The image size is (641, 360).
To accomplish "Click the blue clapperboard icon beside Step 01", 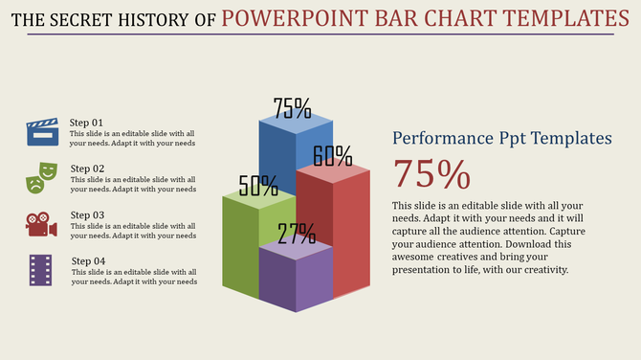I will pos(42,131).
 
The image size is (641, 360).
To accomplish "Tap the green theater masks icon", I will pos(42,176).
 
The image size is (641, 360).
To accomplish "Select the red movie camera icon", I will pos(41,224).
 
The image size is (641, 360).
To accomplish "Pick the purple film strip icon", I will pos(40,270).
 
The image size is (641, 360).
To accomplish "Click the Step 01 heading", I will pos(87,123).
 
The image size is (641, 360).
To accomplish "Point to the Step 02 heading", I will pos(87,169).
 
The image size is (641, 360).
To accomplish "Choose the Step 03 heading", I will pos(87,214).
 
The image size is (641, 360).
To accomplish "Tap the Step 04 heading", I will pos(88,261).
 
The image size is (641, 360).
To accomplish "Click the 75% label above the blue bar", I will pos(292,107).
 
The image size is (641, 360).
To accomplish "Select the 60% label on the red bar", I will pos(332,155).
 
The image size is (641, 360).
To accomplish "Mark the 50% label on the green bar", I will pos(258,186).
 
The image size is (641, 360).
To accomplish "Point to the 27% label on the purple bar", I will pos(297,234).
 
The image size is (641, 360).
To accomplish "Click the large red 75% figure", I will pos(431,175).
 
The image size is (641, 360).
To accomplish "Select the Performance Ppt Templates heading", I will pos(502,139).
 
